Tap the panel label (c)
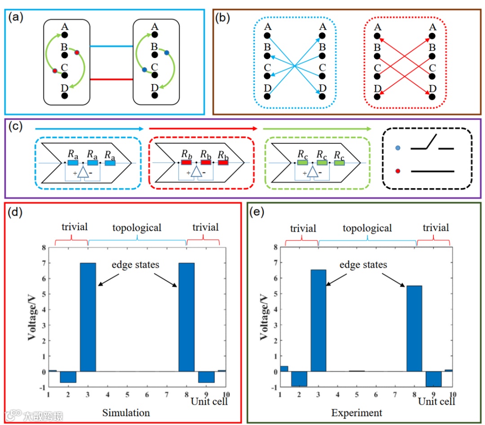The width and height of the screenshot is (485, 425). [16, 127]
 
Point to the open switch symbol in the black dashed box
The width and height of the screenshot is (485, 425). [432, 145]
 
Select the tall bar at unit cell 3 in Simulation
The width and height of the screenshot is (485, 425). [88, 317]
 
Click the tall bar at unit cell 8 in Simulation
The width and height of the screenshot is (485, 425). [187, 317]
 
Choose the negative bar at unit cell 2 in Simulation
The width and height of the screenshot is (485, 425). [68, 377]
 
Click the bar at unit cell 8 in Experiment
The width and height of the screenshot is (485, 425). [414, 329]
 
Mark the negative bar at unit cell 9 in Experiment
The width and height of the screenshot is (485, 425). [434, 379]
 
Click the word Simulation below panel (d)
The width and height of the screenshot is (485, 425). [126, 412]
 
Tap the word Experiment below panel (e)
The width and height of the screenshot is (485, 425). [357, 412]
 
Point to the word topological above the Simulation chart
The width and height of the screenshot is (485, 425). [137, 228]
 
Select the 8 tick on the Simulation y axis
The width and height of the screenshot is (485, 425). [44, 248]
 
